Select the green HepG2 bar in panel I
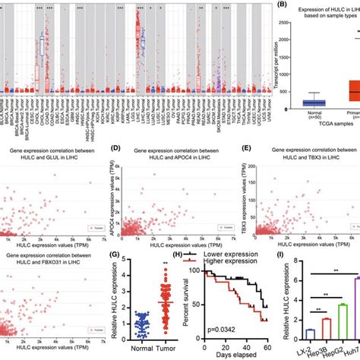322,320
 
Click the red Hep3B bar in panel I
305,327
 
